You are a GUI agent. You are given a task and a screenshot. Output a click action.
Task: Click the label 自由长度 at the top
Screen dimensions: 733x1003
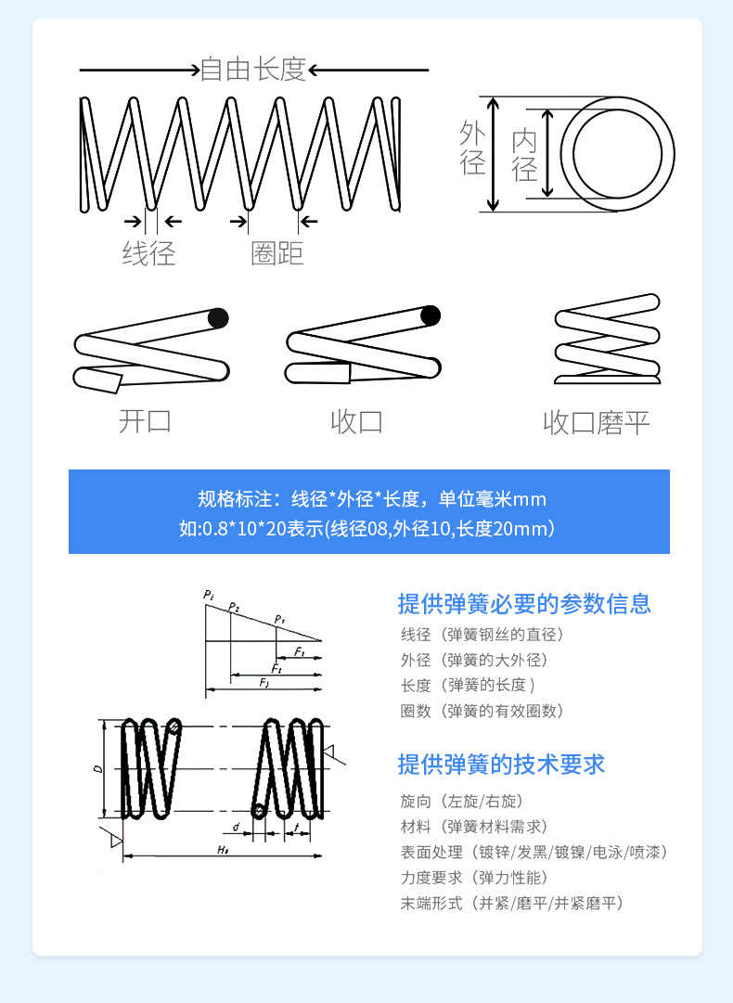(x=253, y=70)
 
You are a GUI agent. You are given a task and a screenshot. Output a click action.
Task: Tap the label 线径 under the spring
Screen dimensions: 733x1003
(x=148, y=253)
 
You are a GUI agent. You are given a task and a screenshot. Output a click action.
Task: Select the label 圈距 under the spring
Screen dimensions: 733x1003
(x=276, y=253)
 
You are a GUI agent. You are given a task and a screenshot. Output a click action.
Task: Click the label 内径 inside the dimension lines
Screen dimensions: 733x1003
(x=524, y=155)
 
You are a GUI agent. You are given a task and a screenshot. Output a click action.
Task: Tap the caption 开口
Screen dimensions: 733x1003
(x=146, y=421)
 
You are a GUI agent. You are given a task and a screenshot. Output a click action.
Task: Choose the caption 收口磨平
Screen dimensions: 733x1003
(x=596, y=423)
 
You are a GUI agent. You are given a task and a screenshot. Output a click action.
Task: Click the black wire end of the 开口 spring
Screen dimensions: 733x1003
(x=218, y=318)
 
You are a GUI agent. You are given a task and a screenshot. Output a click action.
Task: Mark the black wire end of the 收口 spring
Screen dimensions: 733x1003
(x=431, y=315)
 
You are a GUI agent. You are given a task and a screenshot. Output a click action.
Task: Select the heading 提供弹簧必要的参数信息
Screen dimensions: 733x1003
(x=524, y=604)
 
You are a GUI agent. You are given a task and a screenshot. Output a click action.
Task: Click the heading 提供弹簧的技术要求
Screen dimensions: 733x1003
(x=501, y=765)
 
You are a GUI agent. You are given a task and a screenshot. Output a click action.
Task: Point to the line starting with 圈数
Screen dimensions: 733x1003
(x=482, y=711)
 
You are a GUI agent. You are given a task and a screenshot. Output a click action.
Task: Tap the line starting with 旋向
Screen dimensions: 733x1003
(x=469, y=801)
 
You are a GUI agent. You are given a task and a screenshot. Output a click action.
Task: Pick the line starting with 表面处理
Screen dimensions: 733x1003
(x=534, y=852)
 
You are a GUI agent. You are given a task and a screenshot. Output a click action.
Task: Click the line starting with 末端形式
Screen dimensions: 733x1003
(x=511, y=903)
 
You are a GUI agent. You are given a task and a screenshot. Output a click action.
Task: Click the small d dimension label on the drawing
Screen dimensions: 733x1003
(x=237, y=824)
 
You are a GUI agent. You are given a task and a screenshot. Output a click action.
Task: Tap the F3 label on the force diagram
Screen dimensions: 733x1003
(x=264, y=683)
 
